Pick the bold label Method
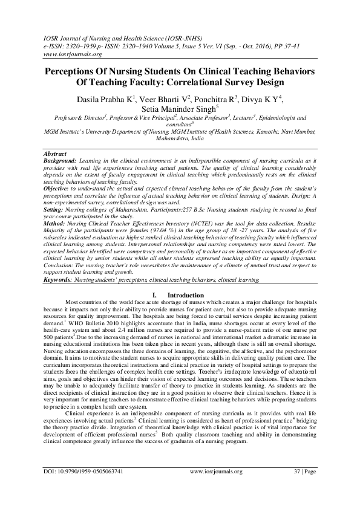(56, 224)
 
